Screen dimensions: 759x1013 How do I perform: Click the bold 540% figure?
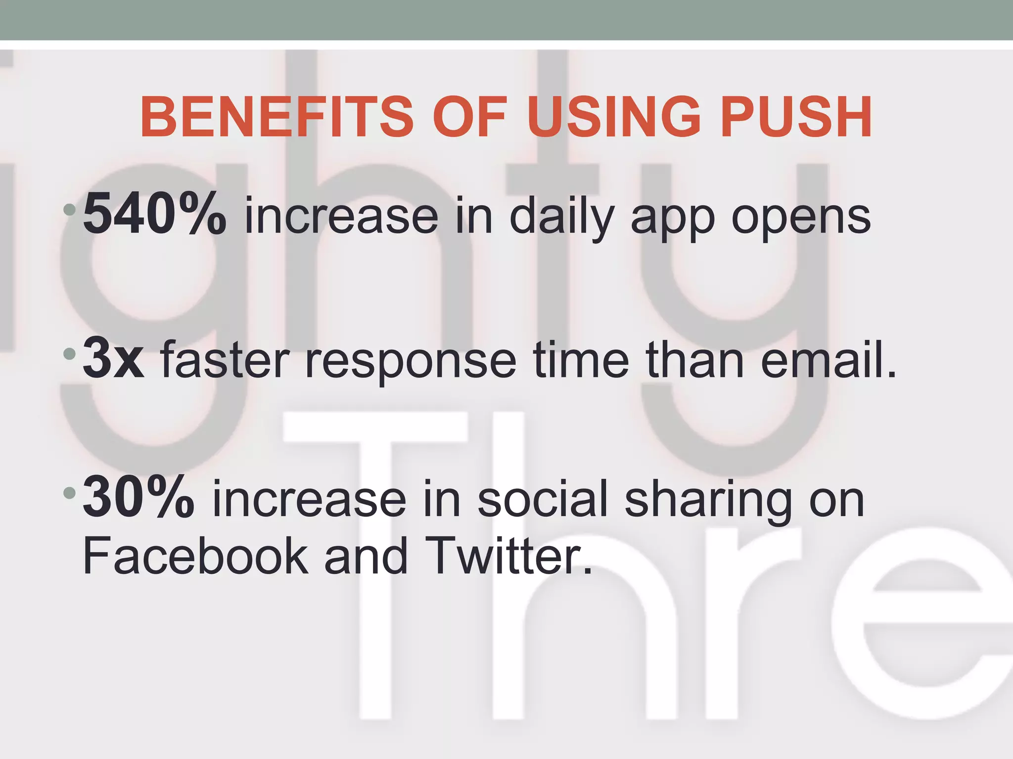[x=155, y=215]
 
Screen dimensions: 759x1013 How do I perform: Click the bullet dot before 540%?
[x=70, y=210]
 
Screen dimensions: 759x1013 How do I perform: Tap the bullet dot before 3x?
[x=70, y=354]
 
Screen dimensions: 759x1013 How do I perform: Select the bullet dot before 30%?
[x=70, y=493]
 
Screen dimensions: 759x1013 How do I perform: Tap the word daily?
[x=561, y=217]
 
